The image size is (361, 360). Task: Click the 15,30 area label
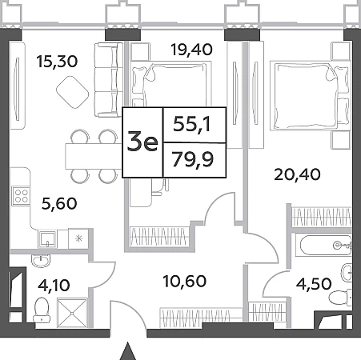tap(58, 62)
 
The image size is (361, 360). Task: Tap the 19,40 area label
tap(191, 50)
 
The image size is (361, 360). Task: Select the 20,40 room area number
tap(297, 175)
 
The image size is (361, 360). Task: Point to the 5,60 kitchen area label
tap(59, 203)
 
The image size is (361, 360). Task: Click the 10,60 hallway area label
tap(185, 282)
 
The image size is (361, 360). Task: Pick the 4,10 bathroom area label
tap(54, 285)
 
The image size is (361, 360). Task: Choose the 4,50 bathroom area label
tap(314, 284)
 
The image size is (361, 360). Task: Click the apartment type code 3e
tap(142, 142)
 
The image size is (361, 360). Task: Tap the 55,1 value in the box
tap(192, 124)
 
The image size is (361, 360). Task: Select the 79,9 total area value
tap(193, 160)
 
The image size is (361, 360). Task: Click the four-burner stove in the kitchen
tap(21, 196)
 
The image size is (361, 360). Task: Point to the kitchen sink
tap(48, 239)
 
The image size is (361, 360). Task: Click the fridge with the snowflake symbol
tap(78, 238)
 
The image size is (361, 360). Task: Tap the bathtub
tap(325, 246)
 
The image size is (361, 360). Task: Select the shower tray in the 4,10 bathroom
tap(73, 313)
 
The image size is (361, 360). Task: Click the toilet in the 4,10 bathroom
tap(42, 310)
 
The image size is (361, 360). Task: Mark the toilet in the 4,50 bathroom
tap(340, 297)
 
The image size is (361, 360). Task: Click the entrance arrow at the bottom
tap(128, 351)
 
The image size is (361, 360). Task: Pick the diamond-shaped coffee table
tap(73, 92)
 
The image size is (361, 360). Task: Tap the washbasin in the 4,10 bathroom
tap(41, 260)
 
